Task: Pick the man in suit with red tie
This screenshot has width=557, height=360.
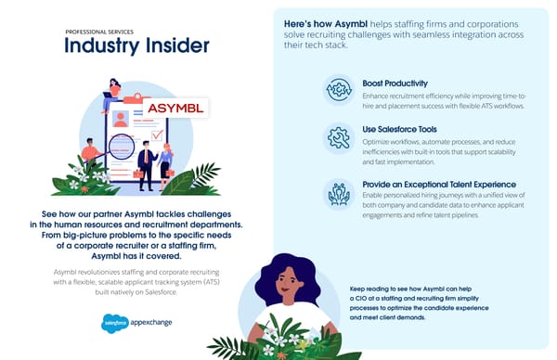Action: point(145,160)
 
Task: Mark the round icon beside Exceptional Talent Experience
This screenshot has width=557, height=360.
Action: point(337,193)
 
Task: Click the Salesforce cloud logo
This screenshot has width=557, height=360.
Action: point(116,323)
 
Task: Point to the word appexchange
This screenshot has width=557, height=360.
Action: point(150,323)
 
